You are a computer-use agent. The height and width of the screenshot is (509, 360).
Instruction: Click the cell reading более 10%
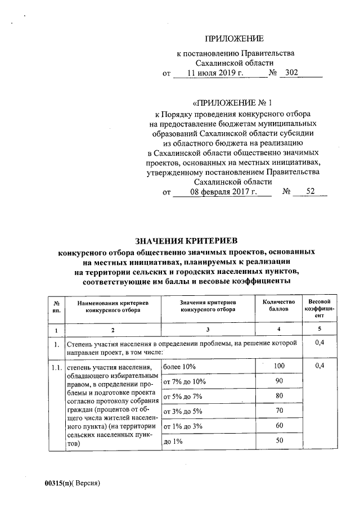179,367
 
